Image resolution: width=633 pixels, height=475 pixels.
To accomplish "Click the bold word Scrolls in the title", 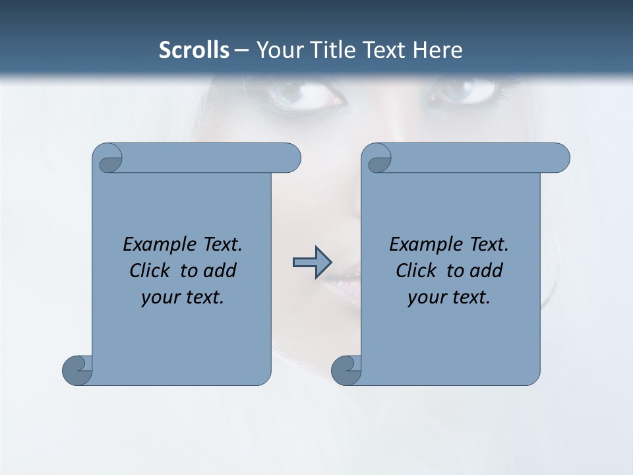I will (x=194, y=50).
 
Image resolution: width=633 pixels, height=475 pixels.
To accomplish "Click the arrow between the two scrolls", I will (x=311, y=262).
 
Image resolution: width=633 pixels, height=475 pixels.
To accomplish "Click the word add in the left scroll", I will (x=221, y=271).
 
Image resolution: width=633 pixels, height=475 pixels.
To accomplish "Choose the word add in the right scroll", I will (x=487, y=271).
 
